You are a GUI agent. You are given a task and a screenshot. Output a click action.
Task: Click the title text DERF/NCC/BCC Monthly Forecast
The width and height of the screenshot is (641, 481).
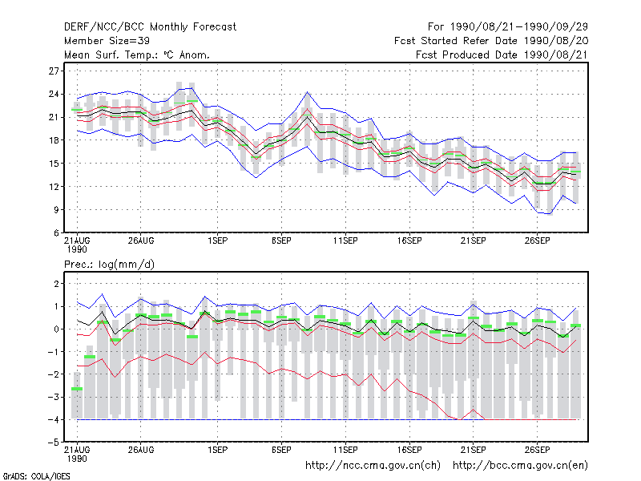150,27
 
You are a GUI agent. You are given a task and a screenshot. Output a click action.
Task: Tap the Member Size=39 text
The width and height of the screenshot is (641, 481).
107,41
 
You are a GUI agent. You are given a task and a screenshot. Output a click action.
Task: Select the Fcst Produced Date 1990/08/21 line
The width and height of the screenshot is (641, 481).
502,55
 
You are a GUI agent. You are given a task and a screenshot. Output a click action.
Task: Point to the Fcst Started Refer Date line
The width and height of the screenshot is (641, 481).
491,41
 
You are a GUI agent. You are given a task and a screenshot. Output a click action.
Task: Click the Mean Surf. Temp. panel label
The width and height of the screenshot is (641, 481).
136,55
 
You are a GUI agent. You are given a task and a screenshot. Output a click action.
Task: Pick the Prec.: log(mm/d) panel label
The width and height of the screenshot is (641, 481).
109,265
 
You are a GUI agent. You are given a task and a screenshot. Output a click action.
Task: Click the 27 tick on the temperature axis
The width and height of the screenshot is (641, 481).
54,71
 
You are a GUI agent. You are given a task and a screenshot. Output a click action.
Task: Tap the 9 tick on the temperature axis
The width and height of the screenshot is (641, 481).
56,210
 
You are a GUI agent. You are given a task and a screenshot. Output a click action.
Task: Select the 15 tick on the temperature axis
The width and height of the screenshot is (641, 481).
54,164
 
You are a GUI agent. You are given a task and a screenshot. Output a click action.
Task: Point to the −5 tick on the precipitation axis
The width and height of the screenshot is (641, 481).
54,443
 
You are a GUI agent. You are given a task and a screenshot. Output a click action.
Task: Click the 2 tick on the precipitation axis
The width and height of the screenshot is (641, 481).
56,284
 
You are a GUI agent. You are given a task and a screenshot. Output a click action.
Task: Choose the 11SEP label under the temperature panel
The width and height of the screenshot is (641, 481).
345,240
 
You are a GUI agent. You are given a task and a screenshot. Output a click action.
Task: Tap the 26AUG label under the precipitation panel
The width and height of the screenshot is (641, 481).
141,450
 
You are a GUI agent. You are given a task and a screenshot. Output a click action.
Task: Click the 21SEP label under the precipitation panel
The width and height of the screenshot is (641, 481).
473,450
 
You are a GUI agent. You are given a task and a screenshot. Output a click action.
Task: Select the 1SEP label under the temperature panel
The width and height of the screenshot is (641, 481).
217,240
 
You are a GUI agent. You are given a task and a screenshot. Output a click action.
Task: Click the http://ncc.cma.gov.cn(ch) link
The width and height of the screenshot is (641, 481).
373,466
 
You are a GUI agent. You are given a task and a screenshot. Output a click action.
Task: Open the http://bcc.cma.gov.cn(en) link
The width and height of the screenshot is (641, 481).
520,466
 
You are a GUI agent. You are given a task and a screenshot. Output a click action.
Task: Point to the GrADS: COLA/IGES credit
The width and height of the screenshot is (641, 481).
36,476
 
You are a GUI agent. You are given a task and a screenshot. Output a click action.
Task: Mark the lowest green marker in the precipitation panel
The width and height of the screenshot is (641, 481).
77,389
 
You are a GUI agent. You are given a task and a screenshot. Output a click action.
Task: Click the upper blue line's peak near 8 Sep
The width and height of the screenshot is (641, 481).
308,92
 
